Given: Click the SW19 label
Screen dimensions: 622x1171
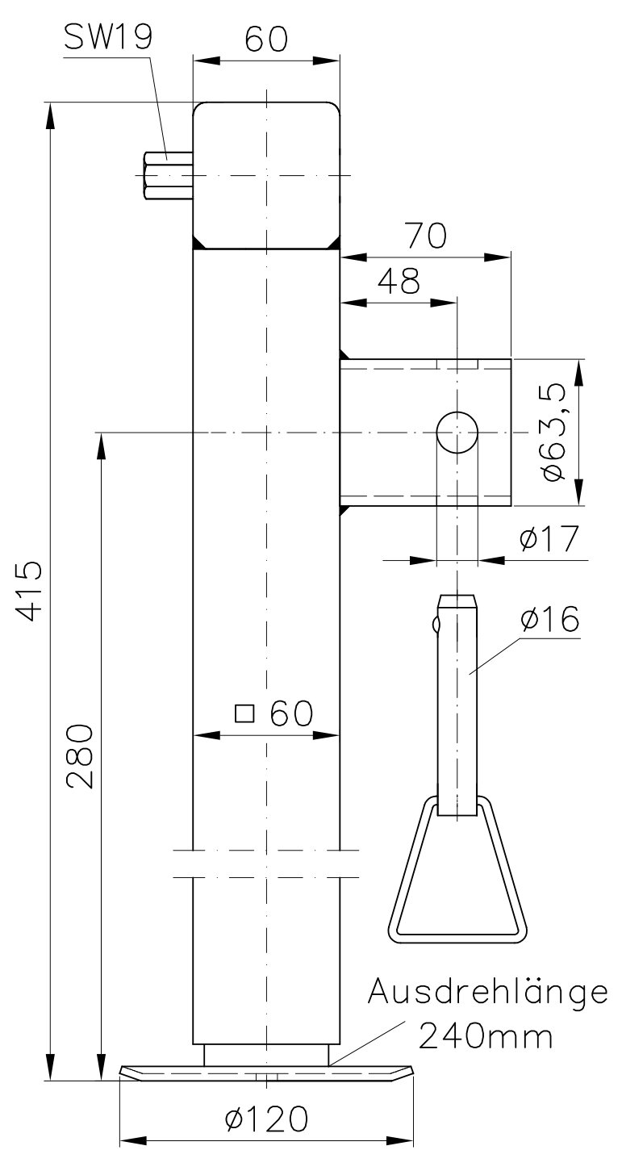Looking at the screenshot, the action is (108, 38).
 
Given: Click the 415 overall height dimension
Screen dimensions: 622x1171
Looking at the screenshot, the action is (28, 591).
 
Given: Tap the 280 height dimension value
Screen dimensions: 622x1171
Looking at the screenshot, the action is (80, 756).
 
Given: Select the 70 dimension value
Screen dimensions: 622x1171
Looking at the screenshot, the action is (427, 236).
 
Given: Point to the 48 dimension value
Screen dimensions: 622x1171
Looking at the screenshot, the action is (399, 281).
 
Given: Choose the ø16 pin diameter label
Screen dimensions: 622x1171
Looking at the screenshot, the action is (550, 619).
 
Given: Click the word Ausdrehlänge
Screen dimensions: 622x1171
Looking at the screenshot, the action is (488, 992).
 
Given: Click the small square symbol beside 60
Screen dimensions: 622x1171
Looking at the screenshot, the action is (244, 713).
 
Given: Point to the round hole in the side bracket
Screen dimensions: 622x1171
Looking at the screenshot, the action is (457, 432).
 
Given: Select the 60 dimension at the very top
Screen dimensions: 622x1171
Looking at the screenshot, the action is (266, 39).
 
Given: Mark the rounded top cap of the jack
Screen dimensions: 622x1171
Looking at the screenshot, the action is (266, 175).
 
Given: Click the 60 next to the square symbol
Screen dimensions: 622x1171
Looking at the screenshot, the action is (292, 713).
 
